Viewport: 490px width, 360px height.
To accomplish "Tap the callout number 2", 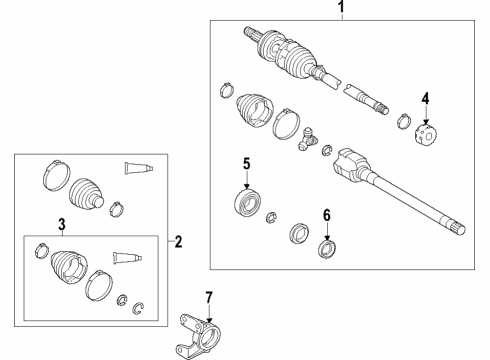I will (178, 240).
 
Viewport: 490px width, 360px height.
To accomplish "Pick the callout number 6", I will (325, 213).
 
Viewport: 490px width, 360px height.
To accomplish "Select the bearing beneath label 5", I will (246, 200).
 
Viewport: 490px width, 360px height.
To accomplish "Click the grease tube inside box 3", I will (125, 257).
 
